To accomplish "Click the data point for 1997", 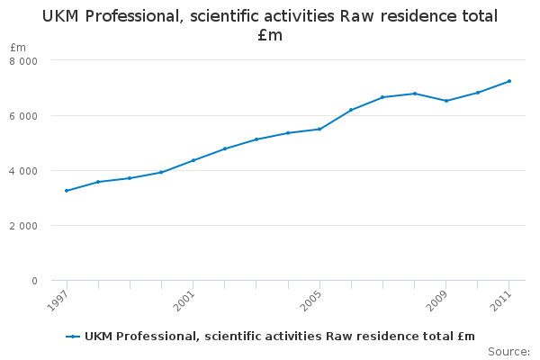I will tap(67, 191).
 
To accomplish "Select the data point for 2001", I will tap(193, 160).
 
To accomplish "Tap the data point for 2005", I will tap(319, 129).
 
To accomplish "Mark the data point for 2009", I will tap(446, 101).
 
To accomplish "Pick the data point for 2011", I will tap(509, 81).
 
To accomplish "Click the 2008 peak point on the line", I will tap(415, 94).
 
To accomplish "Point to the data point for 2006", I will tap(351, 110).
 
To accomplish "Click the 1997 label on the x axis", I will tap(58, 301).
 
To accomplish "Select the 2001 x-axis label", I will tap(184, 301).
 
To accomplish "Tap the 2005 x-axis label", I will tap(310, 301).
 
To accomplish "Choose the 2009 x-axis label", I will tap(437, 301).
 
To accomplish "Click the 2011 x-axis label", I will tap(500, 301).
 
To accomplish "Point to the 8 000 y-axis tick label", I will tap(23, 60).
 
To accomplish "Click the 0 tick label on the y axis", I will tap(34, 281).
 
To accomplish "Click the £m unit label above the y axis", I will tap(18, 47).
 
